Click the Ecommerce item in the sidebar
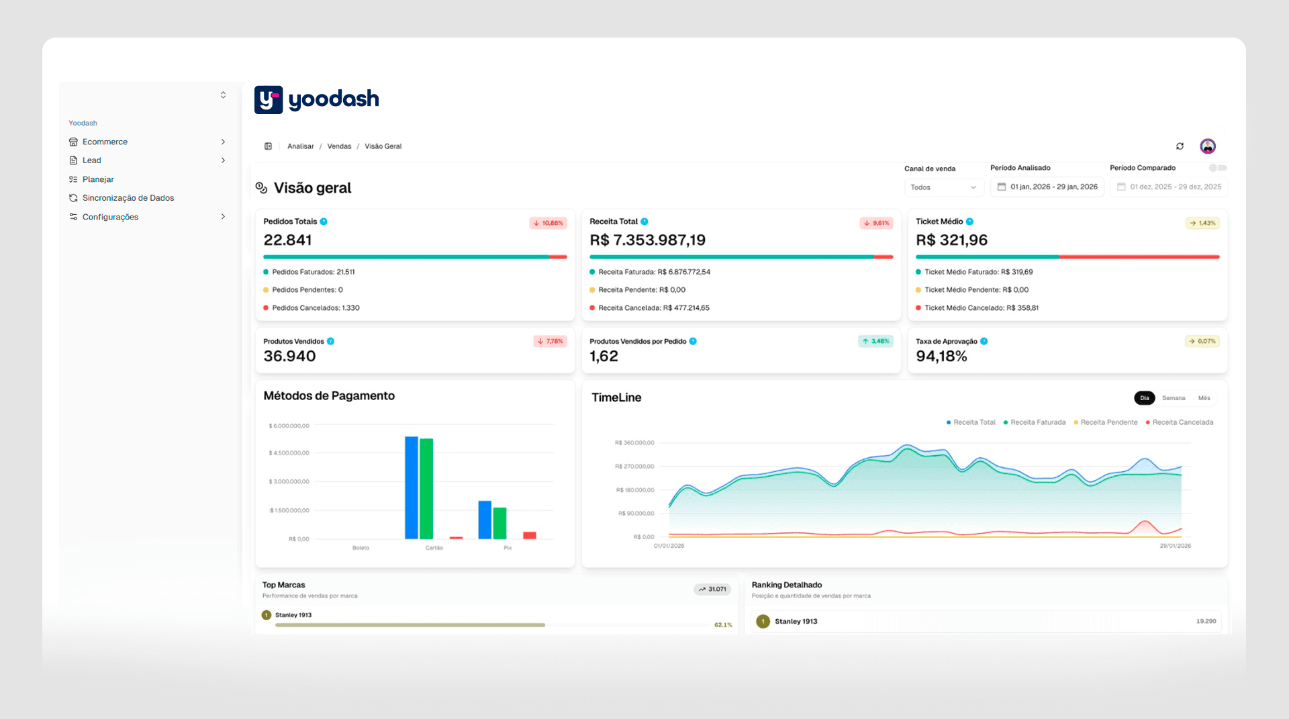click(x=105, y=142)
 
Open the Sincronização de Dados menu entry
click(x=128, y=198)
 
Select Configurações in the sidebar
click(x=110, y=217)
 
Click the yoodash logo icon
click(x=268, y=100)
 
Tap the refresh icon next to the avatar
click(x=1180, y=146)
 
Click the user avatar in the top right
click(x=1208, y=146)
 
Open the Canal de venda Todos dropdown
click(x=943, y=187)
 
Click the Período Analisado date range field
click(x=1047, y=187)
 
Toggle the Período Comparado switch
click(x=1217, y=168)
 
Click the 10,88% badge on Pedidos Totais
click(x=548, y=223)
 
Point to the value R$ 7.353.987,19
click(x=647, y=240)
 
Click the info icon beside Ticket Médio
click(x=969, y=222)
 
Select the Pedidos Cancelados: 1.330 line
click(x=316, y=308)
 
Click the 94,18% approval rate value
click(x=941, y=356)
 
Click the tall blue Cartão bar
click(x=411, y=487)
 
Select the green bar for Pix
click(x=499, y=523)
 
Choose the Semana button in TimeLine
click(x=1174, y=398)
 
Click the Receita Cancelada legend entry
click(x=1182, y=422)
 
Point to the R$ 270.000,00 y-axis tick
click(x=634, y=467)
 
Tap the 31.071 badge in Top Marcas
click(x=712, y=589)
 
